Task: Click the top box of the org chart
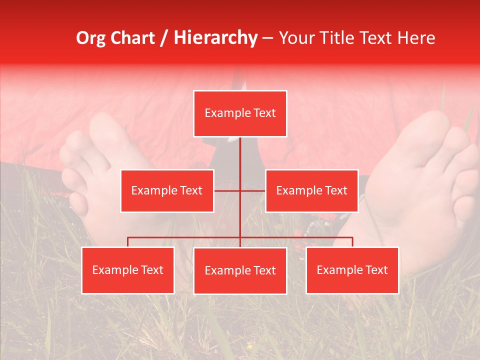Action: point(240,113)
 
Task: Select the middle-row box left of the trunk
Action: point(167,190)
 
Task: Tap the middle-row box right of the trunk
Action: point(311,190)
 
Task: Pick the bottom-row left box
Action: point(128,270)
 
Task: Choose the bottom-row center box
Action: point(240,270)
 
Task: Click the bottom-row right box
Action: point(352,270)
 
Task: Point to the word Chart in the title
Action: point(134,38)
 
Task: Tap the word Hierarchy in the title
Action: point(215,38)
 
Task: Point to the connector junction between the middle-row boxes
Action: point(240,190)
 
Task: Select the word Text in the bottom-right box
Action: point(376,270)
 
